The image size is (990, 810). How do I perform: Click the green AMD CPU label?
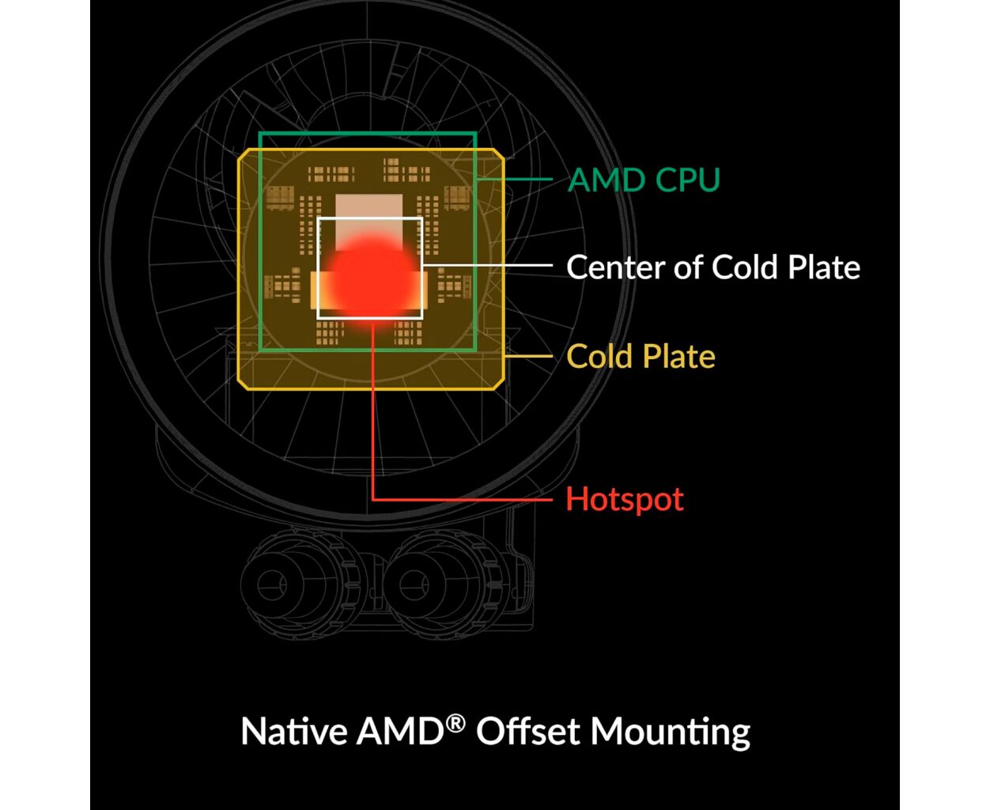[x=644, y=180]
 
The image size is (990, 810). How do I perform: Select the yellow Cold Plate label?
[x=640, y=356]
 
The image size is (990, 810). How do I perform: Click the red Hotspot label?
[x=625, y=499]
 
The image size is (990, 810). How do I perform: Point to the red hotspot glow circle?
[x=372, y=279]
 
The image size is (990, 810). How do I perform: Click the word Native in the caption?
[x=294, y=731]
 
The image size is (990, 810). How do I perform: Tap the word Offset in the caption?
[x=528, y=731]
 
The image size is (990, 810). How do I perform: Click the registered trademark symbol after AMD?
[x=455, y=724]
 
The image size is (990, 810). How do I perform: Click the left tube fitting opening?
[x=272, y=585]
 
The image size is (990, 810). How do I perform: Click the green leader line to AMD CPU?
[x=515, y=179]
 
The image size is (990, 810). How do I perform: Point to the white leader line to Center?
[x=488, y=265]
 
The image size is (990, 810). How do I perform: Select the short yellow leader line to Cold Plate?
[x=528, y=356]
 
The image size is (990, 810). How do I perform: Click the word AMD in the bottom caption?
[x=400, y=731]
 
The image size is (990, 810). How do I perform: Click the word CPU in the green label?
[x=688, y=180]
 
